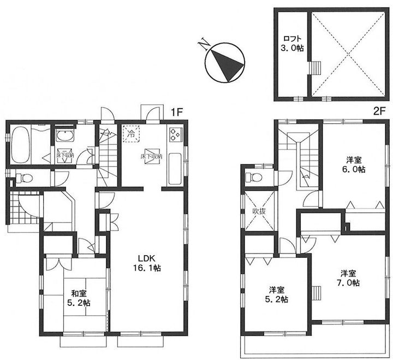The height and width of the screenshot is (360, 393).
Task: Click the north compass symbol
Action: (224, 62)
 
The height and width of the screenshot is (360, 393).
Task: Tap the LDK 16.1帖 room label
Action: (147, 263)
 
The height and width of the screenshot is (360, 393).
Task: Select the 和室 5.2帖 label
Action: (79, 298)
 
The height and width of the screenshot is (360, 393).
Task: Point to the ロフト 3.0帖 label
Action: (291, 43)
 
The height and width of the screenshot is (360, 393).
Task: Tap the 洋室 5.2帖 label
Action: (276, 295)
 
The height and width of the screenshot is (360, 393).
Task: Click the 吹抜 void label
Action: (259, 211)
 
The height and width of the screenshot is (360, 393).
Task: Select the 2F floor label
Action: (379, 111)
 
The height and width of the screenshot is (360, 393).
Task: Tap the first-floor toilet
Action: (24, 178)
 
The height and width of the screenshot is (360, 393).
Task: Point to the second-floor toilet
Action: (254, 177)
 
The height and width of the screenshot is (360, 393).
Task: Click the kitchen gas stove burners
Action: (176, 134)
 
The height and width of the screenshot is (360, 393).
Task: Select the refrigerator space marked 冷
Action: (131, 133)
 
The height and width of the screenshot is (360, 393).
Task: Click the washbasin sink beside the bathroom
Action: (65, 136)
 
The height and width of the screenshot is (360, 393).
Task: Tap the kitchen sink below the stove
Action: (175, 169)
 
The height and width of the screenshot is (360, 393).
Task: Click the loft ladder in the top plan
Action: (315, 68)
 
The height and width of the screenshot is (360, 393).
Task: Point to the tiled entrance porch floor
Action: (24, 207)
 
